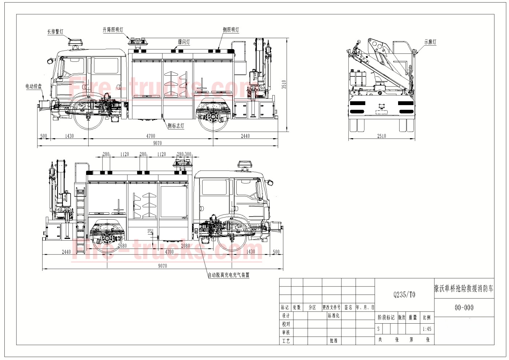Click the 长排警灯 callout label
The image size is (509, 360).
pyautogui.click(x=55, y=32)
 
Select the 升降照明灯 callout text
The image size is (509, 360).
pyautogui.click(x=113, y=30)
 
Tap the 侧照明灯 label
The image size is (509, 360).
pyautogui.click(x=231, y=30)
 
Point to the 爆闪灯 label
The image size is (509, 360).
pyautogui.click(x=184, y=42)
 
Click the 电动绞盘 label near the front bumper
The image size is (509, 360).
pyautogui.click(x=33, y=87)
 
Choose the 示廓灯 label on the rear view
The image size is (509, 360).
pyautogui.click(x=430, y=42)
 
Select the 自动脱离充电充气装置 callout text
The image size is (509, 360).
pyautogui.click(x=229, y=275)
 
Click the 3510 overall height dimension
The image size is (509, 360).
pyautogui.click(x=284, y=84)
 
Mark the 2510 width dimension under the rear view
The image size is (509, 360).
pyautogui.click(x=381, y=136)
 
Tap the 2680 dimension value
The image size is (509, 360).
pyautogui.click(x=122, y=246)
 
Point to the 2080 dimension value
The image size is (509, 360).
pyautogui.click(x=185, y=246)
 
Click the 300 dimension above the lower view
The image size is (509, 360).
pyautogui.click(x=188, y=154)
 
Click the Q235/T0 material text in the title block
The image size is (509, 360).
pyautogui.click(x=404, y=295)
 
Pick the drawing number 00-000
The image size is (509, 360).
pyautogui.click(x=464, y=308)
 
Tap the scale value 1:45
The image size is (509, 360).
pyautogui.click(x=427, y=329)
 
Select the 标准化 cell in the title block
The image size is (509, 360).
pyautogui.click(x=333, y=316)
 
